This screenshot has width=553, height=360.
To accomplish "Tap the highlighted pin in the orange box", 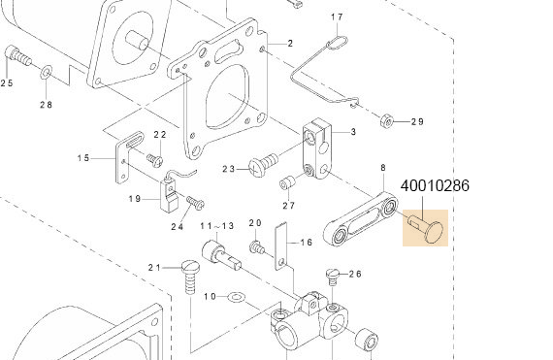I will (x=427, y=228).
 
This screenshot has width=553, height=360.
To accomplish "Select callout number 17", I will (x=337, y=17).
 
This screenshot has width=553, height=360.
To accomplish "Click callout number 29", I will (x=417, y=121).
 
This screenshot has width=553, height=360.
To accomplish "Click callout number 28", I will (x=46, y=104).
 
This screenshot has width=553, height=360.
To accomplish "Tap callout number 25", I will (x=7, y=82).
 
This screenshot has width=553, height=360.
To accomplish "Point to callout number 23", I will (x=229, y=169).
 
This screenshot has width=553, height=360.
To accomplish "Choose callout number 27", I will (x=288, y=205).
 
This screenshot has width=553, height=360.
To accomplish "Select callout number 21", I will (x=153, y=267).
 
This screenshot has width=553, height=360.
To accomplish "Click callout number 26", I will (x=355, y=274).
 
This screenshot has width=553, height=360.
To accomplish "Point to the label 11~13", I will (x=218, y=225).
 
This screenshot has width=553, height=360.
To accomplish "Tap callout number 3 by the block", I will (x=353, y=131).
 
